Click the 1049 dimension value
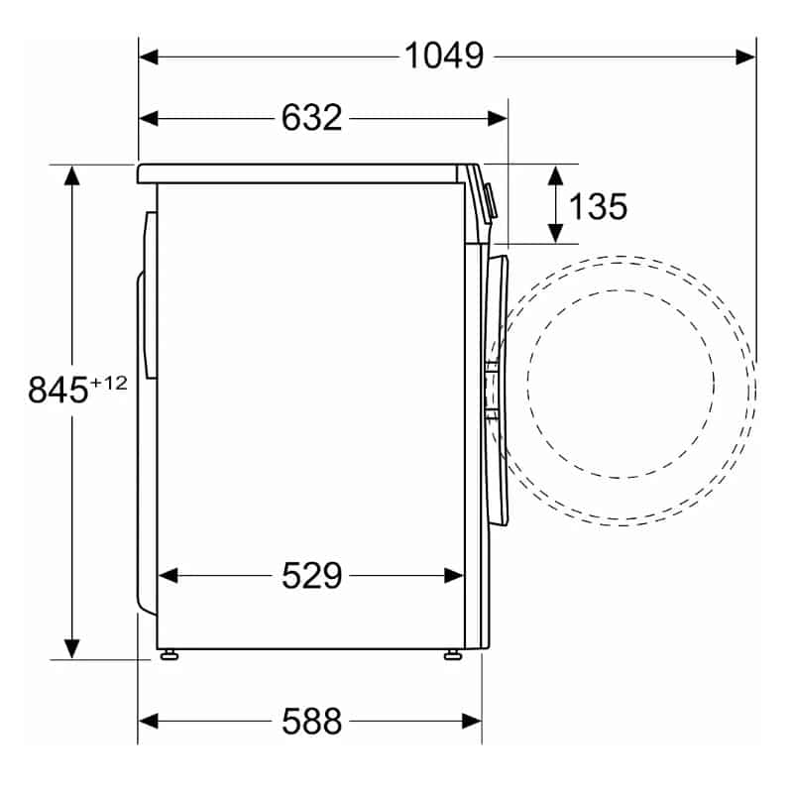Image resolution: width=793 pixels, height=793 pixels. click(x=444, y=56)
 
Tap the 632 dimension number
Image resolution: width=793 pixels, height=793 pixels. click(x=311, y=118)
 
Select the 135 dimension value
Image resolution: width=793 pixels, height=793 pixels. click(x=598, y=206)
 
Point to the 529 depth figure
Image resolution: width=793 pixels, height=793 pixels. click(x=311, y=575)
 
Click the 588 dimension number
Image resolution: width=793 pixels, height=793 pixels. click(x=311, y=722)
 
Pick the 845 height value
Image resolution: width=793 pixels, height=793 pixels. click(x=57, y=390)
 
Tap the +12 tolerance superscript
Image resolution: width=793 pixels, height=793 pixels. click(x=108, y=384)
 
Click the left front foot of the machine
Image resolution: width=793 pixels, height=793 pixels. click(x=170, y=655)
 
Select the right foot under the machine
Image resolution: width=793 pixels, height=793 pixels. click(x=453, y=655)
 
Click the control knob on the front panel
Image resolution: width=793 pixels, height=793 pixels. click(x=490, y=201)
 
